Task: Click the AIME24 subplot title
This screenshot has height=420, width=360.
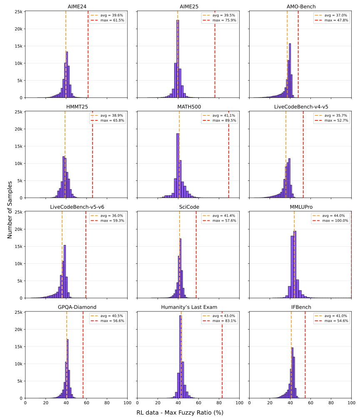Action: click(x=76, y=6)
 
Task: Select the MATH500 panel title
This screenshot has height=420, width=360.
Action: click(x=188, y=107)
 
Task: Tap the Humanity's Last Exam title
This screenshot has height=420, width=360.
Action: click(x=188, y=307)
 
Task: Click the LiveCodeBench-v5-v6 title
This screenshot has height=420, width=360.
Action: click(x=76, y=207)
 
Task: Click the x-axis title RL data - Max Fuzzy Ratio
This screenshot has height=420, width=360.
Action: click(x=180, y=412)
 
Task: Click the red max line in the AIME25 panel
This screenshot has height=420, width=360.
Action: click(x=215, y=54)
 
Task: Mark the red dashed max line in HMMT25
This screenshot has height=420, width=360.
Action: click(x=92, y=154)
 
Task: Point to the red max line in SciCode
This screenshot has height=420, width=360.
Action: click(x=196, y=254)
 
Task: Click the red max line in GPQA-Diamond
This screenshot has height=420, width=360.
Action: click(x=83, y=354)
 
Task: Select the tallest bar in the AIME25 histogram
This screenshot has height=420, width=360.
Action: click(x=177, y=59)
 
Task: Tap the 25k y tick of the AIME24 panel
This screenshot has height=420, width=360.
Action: click(x=17, y=12)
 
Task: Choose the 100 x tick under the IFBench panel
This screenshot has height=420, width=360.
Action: click(x=351, y=403)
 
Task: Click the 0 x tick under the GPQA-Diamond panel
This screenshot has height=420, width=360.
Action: click(x=25, y=403)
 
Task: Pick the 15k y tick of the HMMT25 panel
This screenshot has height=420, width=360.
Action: click(x=17, y=146)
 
